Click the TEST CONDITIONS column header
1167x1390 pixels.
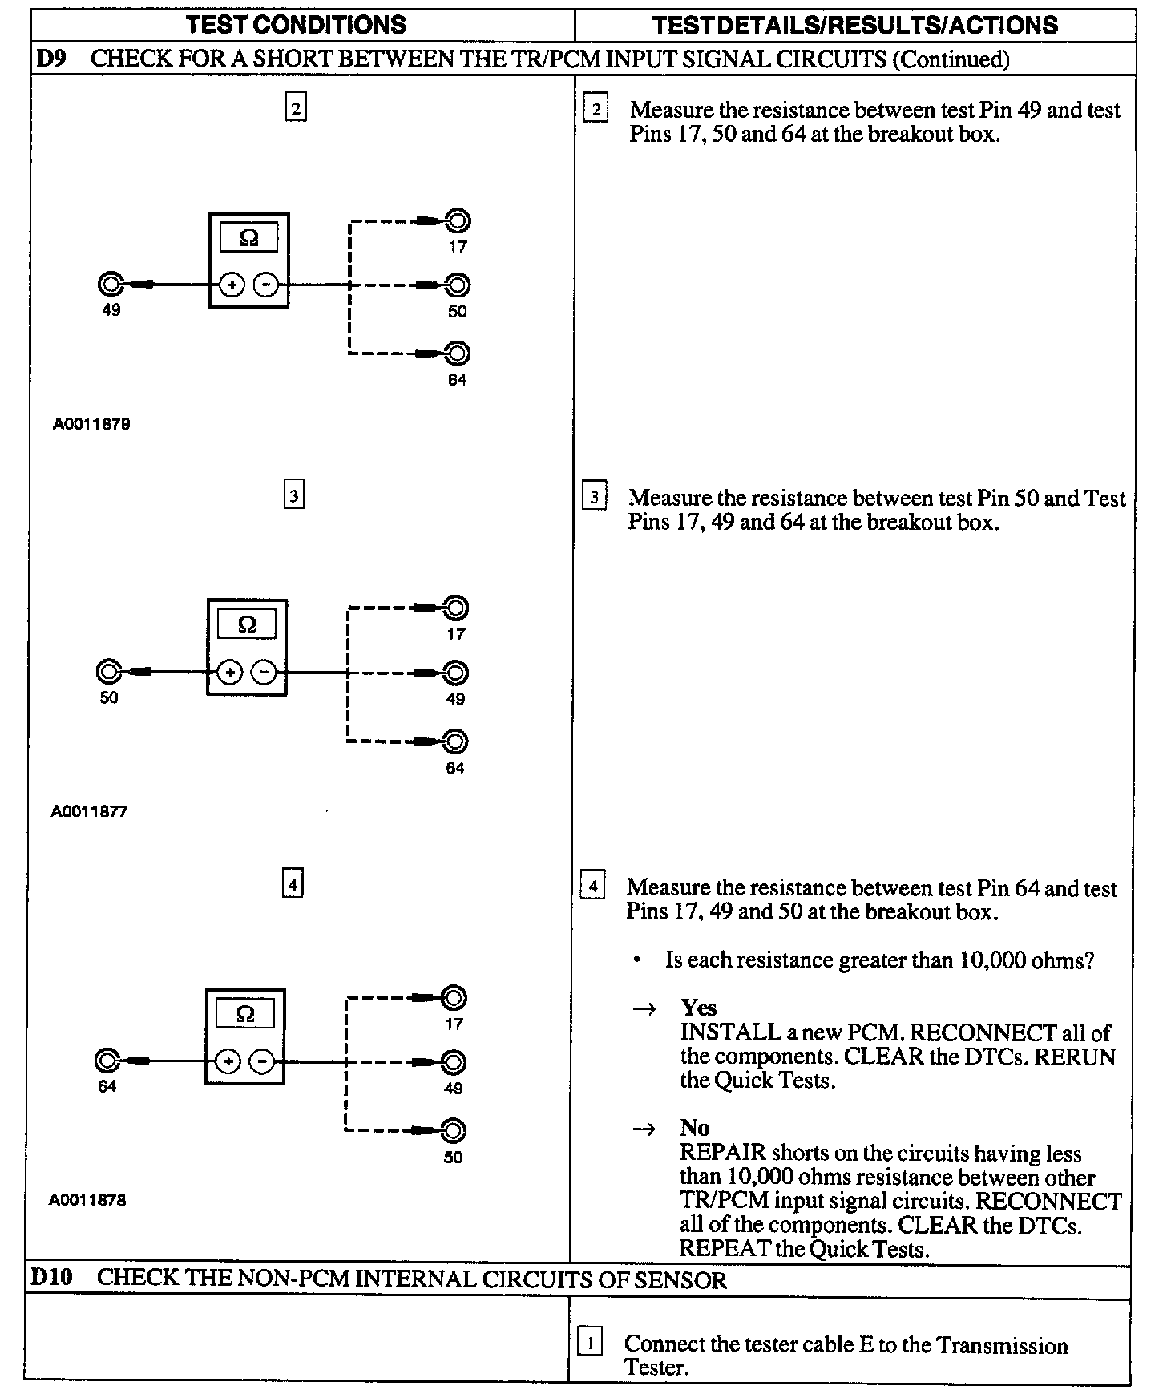(x=297, y=25)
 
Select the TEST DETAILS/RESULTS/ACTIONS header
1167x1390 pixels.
(x=854, y=25)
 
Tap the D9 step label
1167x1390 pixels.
(x=50, y=59)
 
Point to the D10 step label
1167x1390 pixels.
(x=51, y=1277)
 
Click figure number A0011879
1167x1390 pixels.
(x=91, y=424)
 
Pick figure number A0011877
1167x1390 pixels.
(x=89, y=811)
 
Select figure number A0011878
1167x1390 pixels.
(x=87, y=1200)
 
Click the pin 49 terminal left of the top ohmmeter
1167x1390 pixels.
(x=110, y=285)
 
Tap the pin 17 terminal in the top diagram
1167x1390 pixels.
(x=458, y=220)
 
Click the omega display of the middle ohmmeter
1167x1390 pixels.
(x=247, y=624)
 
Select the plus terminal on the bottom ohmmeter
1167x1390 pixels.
(x=228, y=1062)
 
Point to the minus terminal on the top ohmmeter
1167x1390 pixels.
(x=267, y=285)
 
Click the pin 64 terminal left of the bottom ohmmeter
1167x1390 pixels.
(x=106, y=1061)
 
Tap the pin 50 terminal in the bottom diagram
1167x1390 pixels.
(x=454, y=1130)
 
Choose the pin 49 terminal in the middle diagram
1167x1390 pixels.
(x=455, y=673)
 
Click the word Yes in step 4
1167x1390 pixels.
(x=698, y=1008)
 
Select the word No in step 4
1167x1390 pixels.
(x=694, y=1128)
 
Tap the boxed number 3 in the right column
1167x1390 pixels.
(x=594, y=497)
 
